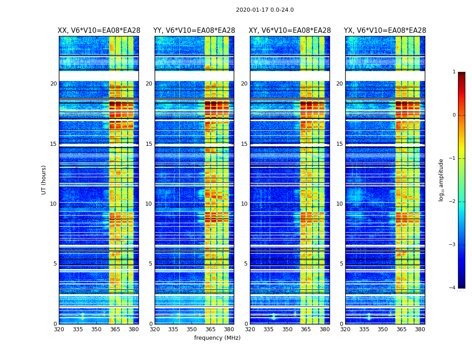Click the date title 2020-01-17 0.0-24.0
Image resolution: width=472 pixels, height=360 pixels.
pyautogui.click(x=265, y=10)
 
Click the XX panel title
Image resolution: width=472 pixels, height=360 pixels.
pyautogui.click(x=99, y=31)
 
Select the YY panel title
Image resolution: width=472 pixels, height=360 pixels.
pyautogui.click(x=194, y=31)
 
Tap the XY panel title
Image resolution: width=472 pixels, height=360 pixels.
pyautogui.click(x=290, y=31)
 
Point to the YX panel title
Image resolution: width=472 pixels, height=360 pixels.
pyautogui.click(x=385, y=31)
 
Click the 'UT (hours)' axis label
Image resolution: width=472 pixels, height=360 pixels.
pyautogui.click(x=44, y=180)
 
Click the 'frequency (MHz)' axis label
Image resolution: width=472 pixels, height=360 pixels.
pyautogui.click(x=217, y=338)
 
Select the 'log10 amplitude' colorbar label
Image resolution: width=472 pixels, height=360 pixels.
pyautogui.click(x=441, y=180)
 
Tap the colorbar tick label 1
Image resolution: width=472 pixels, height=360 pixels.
pyautogui.click(x=454, y=72)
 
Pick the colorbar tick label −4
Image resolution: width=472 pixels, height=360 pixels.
pyautogui.click(x=453, y=288)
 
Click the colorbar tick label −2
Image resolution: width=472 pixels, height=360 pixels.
pyautogui.click(x=453, y=202)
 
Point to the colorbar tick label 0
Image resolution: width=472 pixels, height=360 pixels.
pyautogui.click(x=454, y=115)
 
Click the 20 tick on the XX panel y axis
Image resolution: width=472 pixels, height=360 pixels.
pyautogui.click(x=53, y=84)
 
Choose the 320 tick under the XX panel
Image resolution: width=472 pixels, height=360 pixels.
pyautogui.click(x=59, y=329)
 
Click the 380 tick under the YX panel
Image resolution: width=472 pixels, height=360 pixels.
pyautogui.click(x=420, y=329)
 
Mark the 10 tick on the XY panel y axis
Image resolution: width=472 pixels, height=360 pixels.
pyautogui.click(x=244, y=204)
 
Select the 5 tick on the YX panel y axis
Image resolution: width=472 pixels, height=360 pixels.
pyautogui.click(x=341, y=264)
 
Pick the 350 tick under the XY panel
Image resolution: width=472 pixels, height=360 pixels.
pyautogui.click(x=287, y=329)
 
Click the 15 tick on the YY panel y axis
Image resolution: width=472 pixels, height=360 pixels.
pyautogui.click(x=148, y=144)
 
